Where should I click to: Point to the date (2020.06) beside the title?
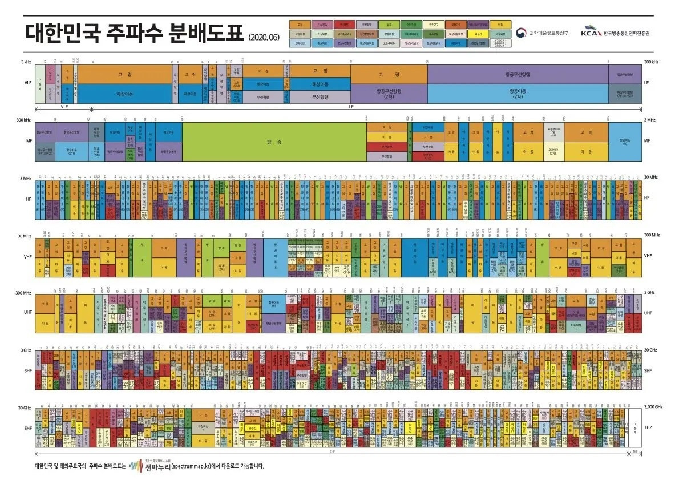pyautogui.click(x=264, y=38)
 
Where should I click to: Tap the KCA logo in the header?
pyautogui.click(x=615, y=33)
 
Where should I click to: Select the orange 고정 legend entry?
pyautogui.click(x=300, y=25)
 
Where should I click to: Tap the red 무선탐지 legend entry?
pyautogui.click(x=344, y=25)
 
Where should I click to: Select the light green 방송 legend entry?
pyautogui.click(x=389, y=25)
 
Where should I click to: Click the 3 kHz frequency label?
pyautogui.click(x=26, y=62)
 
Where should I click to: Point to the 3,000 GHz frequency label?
pyautogui.click(x=653, y=406)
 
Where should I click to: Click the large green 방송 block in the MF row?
pyautogui.click(x=274, y=141)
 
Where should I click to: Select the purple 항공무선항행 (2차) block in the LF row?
pyautogui.click(x=389, y=94)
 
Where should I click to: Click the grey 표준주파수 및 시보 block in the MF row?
pyautogui.click(x=553, y=131)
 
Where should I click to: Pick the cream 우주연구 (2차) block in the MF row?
pyautogui.click(x=553, y=152)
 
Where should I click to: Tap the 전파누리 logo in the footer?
pyautogui.click(x=145, y=466)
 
